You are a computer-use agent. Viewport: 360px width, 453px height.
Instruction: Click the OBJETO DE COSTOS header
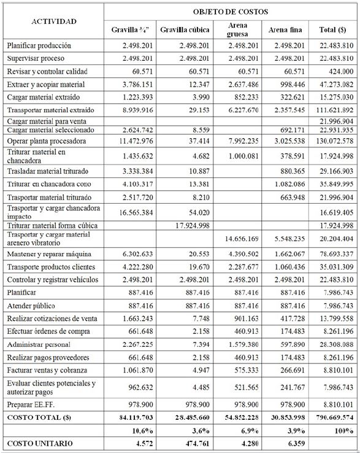point(230,11)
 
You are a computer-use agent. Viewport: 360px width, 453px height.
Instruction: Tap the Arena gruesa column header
point(237,29)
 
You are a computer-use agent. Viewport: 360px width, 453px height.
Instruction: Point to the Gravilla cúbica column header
point(185,29)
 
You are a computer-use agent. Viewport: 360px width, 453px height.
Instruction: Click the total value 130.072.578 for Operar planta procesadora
point(335,141)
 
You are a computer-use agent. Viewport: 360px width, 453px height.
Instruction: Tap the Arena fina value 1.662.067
point(283,254)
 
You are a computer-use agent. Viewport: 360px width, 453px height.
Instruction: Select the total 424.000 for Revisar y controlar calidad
point(341,71)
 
